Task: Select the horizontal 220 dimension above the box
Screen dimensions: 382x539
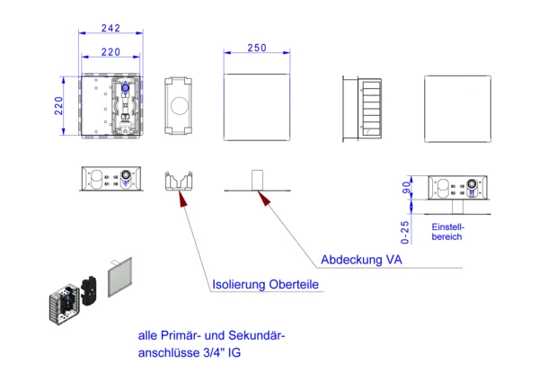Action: point(110,52)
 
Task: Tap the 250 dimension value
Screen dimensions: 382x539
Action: point(256,48)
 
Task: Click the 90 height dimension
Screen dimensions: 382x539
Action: point(406,188)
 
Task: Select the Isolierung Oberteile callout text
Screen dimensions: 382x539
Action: point(265,285)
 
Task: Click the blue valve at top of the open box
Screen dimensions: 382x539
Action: point(126,90)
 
